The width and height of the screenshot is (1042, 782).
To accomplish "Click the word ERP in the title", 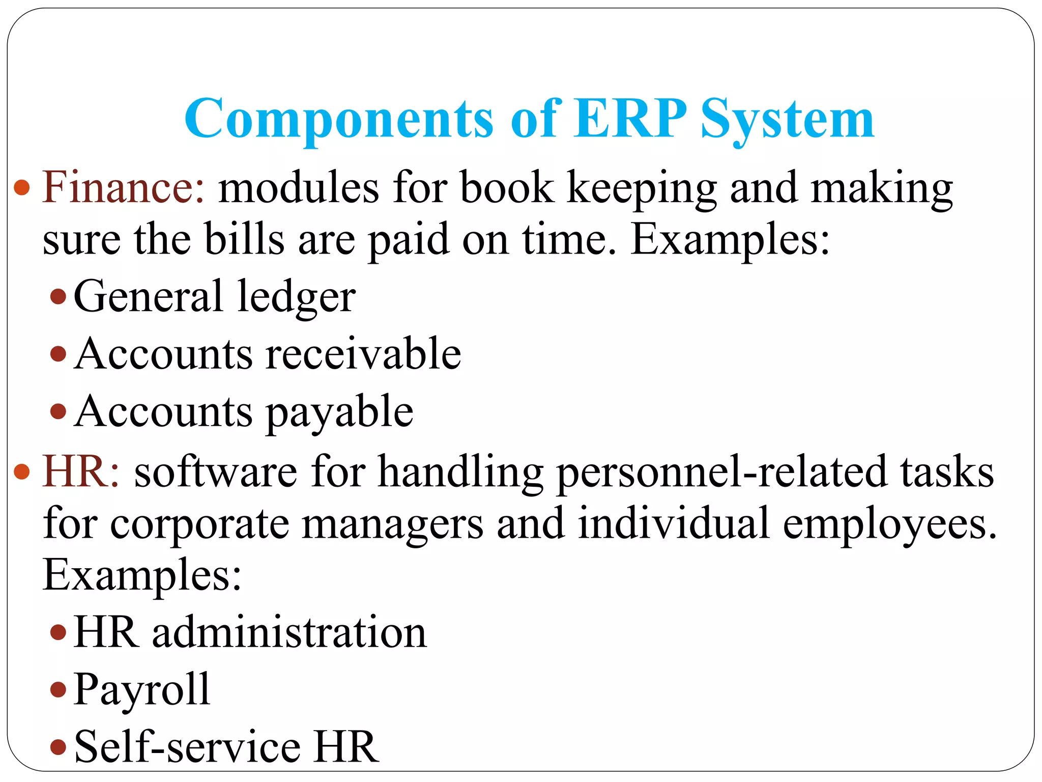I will [630, 119].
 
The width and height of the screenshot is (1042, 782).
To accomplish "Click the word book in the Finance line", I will [507, 187].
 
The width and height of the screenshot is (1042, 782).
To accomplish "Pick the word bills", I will [244, 239].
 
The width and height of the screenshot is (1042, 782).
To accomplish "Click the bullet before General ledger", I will [59, 296].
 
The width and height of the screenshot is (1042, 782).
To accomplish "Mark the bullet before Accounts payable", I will [59, 411].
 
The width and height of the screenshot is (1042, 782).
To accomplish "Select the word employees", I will [889, 524].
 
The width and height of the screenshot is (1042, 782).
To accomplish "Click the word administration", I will [290, 632].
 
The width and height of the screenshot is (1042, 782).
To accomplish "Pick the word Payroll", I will [142, 690].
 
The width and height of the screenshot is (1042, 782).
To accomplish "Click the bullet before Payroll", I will [59, 690].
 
